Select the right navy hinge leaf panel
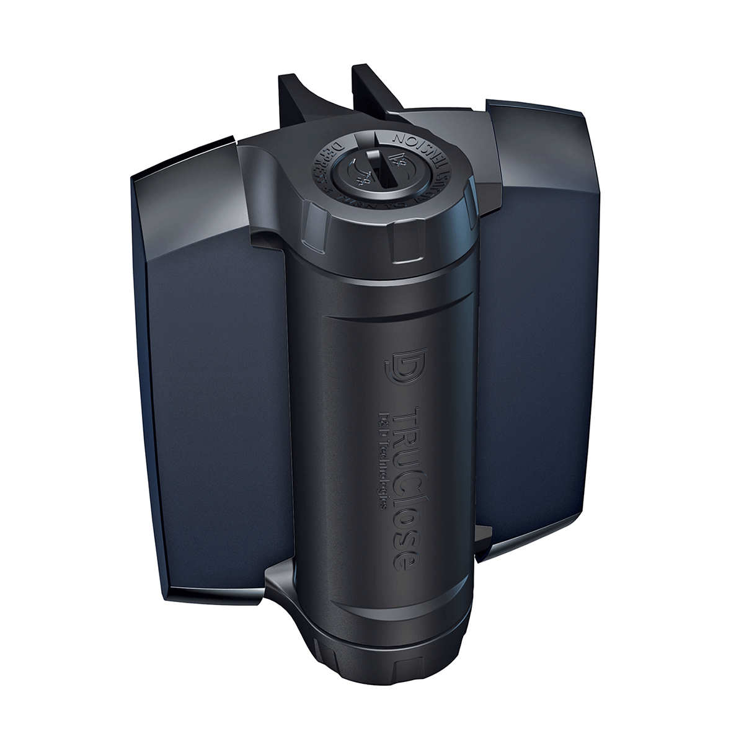click(x=546, y=322)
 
